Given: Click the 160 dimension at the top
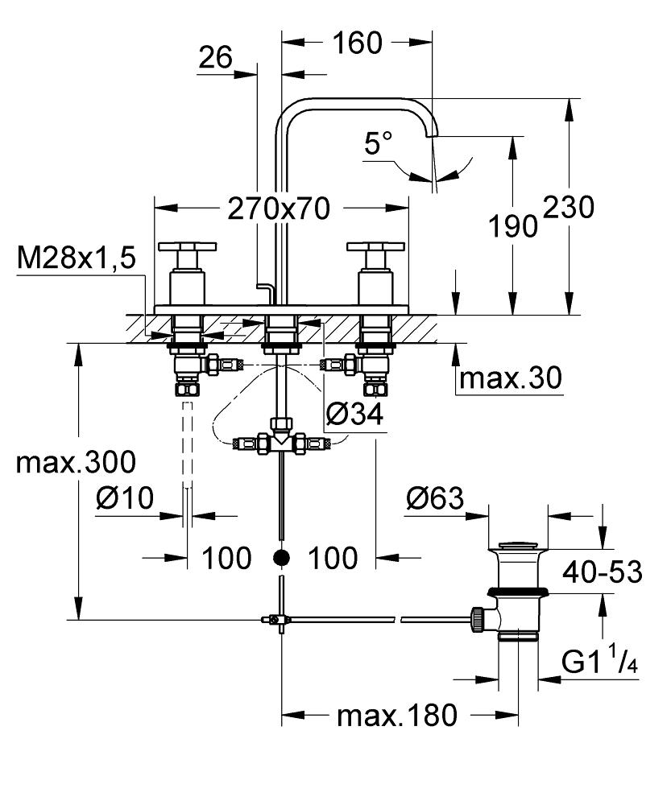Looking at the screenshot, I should pyautogui.click(x=356, y=43).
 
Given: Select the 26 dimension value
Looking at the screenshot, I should pyautogui.click(x=215, y=57).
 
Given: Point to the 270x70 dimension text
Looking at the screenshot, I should pyautogui.click(x=279, y=208).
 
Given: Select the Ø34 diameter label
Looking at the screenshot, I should pyautogui.click(x=354, y=415).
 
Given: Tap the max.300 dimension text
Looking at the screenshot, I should pyautogui.click(x=77, y=462).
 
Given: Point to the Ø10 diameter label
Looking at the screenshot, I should pyautogui.click(x=124, y=499).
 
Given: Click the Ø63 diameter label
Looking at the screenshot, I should pyautogui.click(x=435, y=499).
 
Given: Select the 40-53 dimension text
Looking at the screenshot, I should pyautogui.click(x=603, y=572).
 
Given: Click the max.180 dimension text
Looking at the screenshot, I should pyautogui.click(x=396, y=714).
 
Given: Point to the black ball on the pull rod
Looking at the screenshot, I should pyautogui.click(x=280, y=556).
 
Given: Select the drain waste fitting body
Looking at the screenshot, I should pyautogui.click(x=519, y=592).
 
